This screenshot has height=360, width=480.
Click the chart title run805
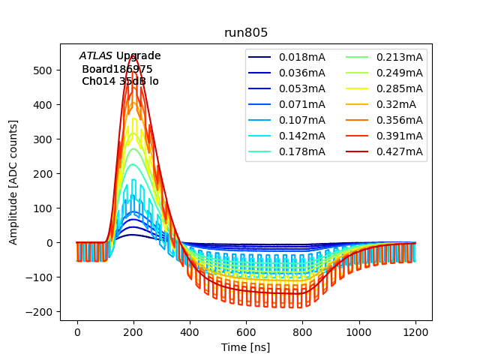pos(247,34)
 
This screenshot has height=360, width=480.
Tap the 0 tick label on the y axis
pos(51,243)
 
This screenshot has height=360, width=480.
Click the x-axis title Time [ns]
pos(245,347)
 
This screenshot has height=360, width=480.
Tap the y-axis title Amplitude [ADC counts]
pos(13,182)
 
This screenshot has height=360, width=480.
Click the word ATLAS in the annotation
pos(96,55)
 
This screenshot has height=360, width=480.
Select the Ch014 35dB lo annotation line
pos(120,81)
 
